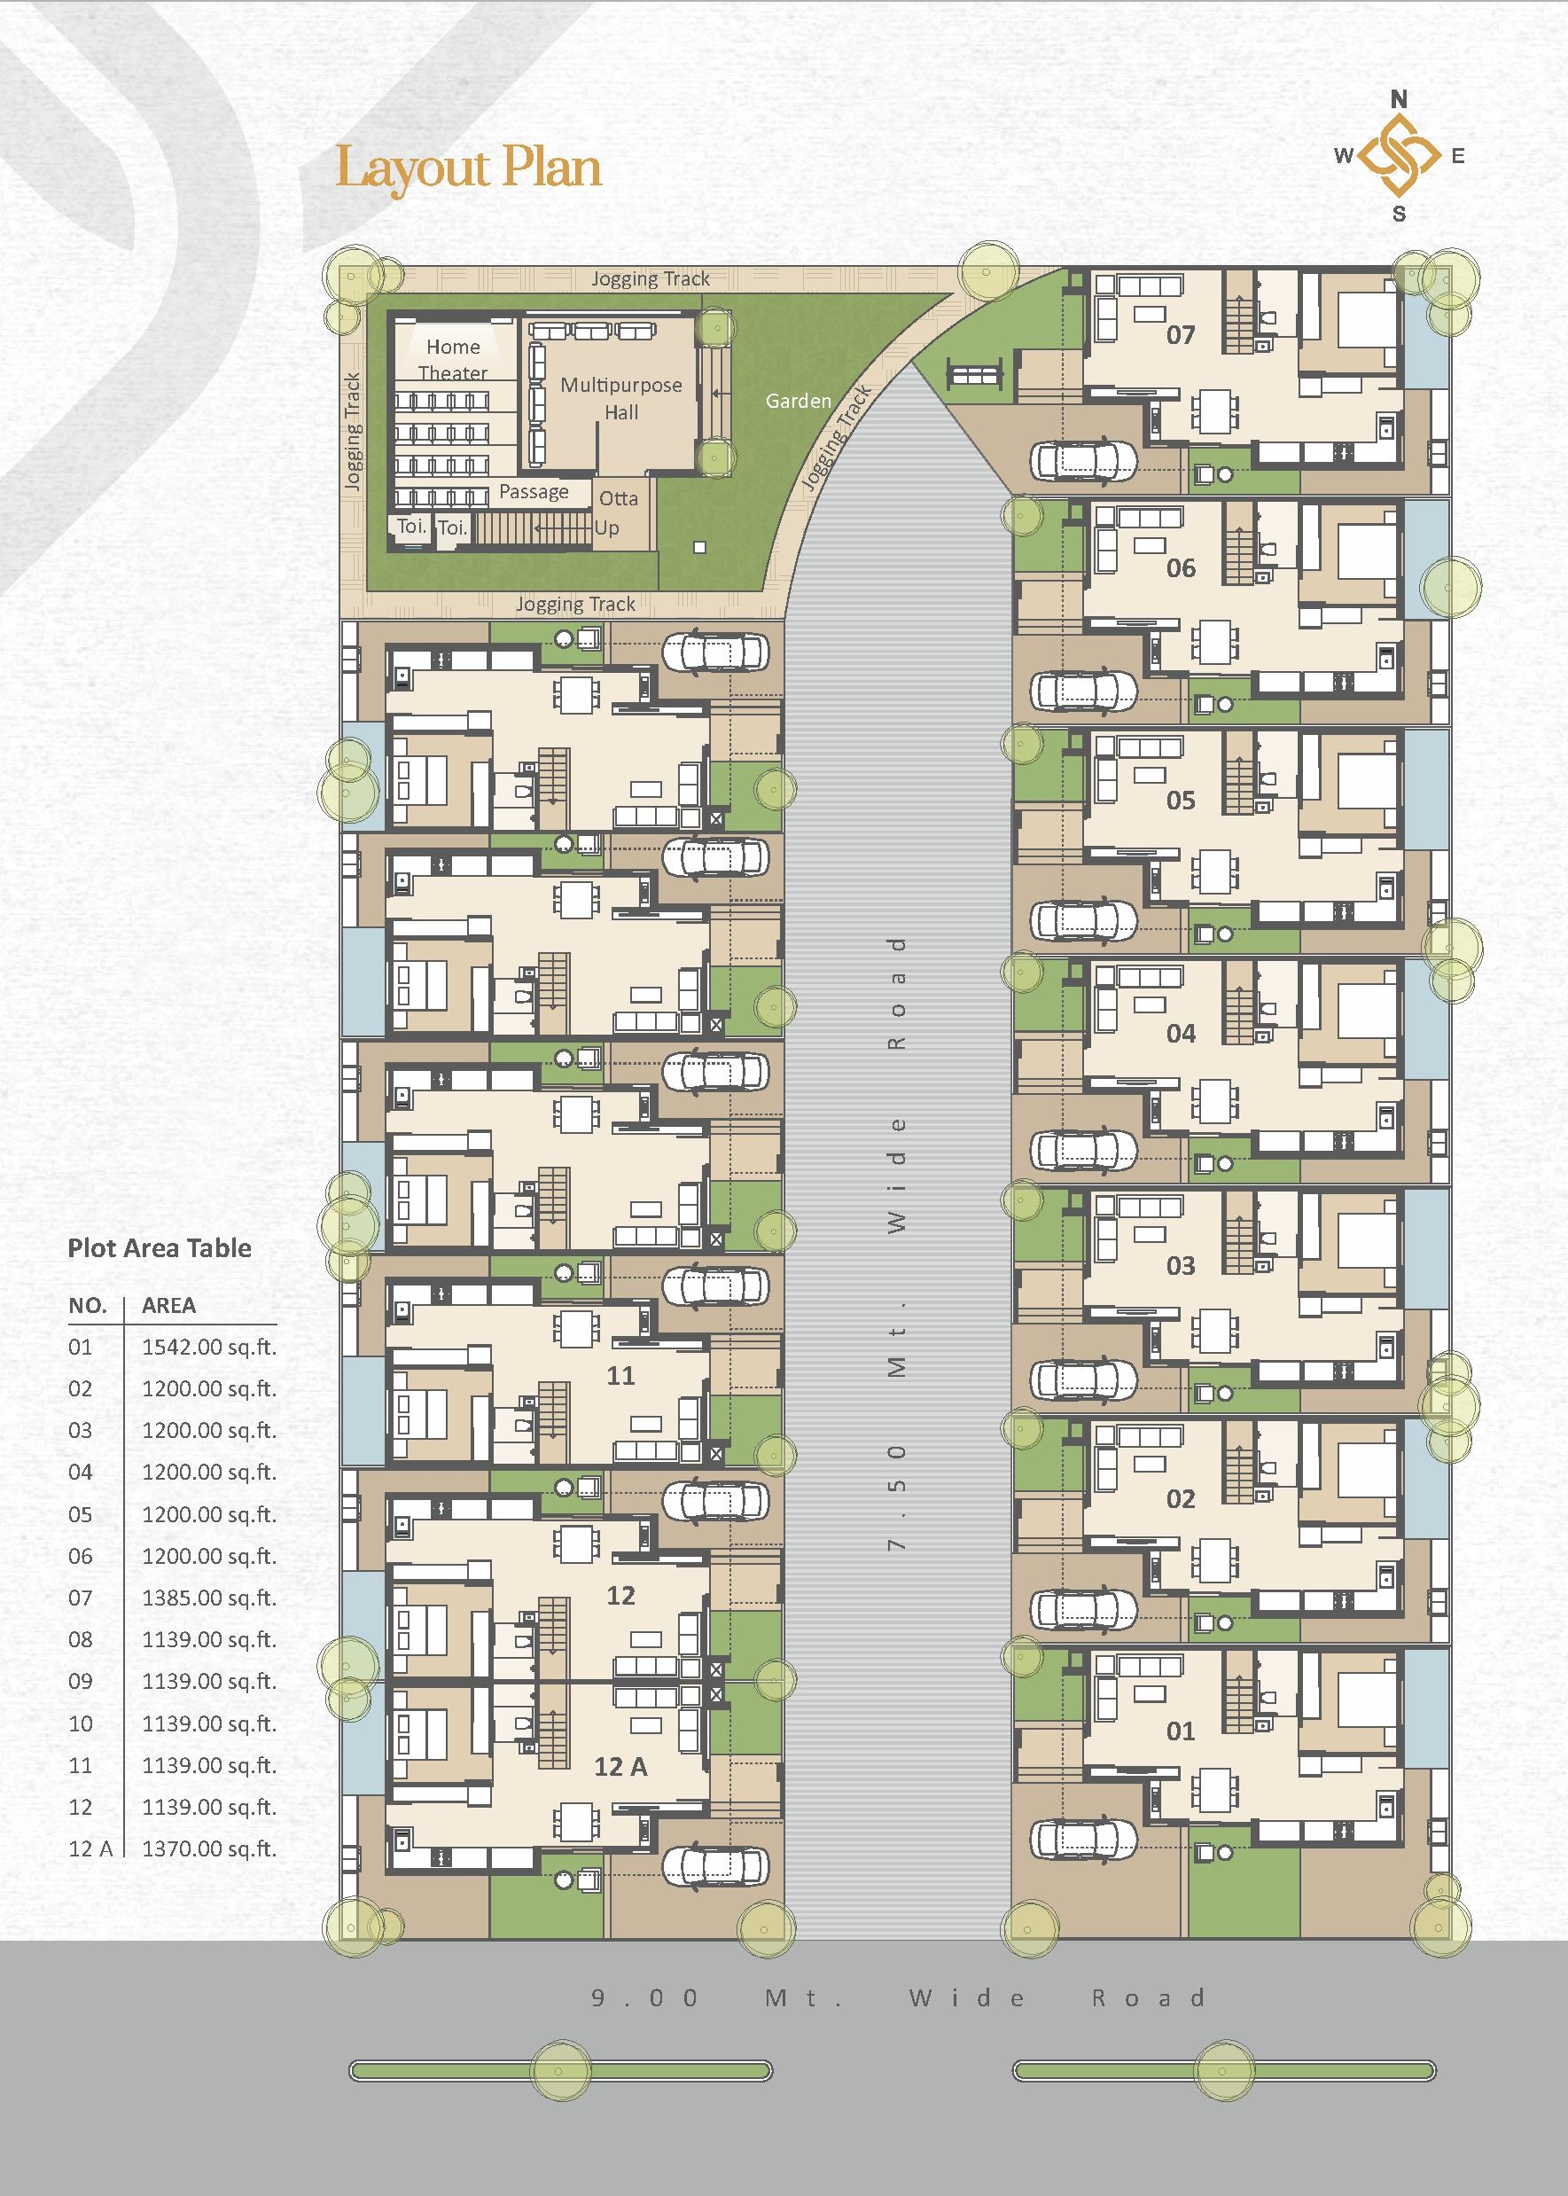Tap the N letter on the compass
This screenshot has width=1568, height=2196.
1398,98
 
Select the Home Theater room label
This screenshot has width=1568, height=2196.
453,359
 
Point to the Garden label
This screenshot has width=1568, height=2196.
799,401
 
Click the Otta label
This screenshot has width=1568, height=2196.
618,498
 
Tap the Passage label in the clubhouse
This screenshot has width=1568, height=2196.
534,491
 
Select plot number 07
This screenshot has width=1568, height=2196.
1180,335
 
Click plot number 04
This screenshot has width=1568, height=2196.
1180,1034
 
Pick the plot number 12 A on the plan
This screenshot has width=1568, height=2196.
620,1766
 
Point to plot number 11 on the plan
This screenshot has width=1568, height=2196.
620,1375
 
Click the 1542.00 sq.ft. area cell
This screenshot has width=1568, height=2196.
208,1348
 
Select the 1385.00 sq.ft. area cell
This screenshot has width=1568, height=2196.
208,1598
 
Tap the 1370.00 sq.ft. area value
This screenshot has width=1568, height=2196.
208,1849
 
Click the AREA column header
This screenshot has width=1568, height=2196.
169,1306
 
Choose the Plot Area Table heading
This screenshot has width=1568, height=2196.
160,1247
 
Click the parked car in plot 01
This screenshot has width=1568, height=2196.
1082,1840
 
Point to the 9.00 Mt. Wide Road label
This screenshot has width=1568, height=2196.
898,1997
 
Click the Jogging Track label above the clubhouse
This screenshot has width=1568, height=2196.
650,279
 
